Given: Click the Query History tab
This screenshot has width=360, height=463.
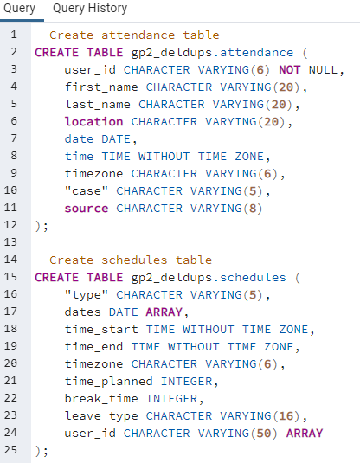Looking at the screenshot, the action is coord(90,9).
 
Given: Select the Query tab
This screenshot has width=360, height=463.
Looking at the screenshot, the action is coord(20,9).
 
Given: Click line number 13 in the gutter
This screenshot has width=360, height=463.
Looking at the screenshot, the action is coord(10,242).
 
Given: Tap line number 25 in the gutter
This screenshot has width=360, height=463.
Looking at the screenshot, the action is coord(10,450).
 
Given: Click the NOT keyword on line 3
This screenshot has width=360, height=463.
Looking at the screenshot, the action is coord(290,70).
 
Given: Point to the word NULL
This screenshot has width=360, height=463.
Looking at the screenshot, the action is coord(323,70).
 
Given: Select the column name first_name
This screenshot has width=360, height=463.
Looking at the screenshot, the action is coord(101,87).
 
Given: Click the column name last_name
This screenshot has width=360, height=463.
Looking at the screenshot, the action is coord(98,105).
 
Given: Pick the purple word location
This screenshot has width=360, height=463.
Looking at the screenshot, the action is coord(94,122).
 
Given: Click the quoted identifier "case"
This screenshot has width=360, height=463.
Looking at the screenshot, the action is coord(87,191).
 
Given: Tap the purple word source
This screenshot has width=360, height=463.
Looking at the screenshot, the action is coord(87,209).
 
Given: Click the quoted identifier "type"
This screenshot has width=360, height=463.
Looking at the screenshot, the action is coord(87,295).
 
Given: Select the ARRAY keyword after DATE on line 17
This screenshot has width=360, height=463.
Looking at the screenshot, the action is coord(164,312).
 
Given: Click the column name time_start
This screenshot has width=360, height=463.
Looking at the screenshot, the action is coord(101,330).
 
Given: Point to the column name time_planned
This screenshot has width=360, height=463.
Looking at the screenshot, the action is coord(109,382).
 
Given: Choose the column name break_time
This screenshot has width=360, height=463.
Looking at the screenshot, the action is coord(101,399).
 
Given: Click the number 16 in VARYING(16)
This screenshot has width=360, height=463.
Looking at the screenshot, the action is coord(286,416).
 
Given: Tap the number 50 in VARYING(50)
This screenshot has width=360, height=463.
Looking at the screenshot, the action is coord(264,434).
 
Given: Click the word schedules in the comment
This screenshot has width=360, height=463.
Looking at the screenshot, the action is coord(134,260).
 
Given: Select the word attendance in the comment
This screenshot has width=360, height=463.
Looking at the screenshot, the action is coord(138,35).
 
